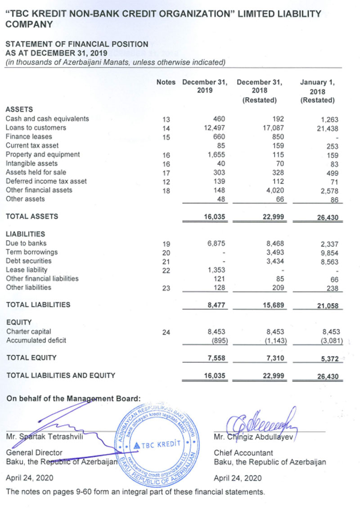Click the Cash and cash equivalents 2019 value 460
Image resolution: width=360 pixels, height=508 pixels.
pos(218,119)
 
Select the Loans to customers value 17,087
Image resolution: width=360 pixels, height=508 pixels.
pos(272,128)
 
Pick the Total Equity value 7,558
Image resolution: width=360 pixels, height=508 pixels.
pos(215,358)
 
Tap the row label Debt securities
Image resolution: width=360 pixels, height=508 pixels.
pos(28,261)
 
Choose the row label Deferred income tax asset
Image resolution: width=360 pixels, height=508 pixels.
pos(46,181)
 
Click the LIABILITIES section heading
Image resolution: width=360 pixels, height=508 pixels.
pos(25,234)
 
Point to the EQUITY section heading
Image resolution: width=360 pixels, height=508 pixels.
pos(18,322)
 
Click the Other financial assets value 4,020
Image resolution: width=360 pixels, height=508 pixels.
pos(272,190)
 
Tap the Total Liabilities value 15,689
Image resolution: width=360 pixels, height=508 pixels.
pos(272,305)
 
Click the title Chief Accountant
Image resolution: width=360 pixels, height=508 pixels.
pos(243,453)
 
